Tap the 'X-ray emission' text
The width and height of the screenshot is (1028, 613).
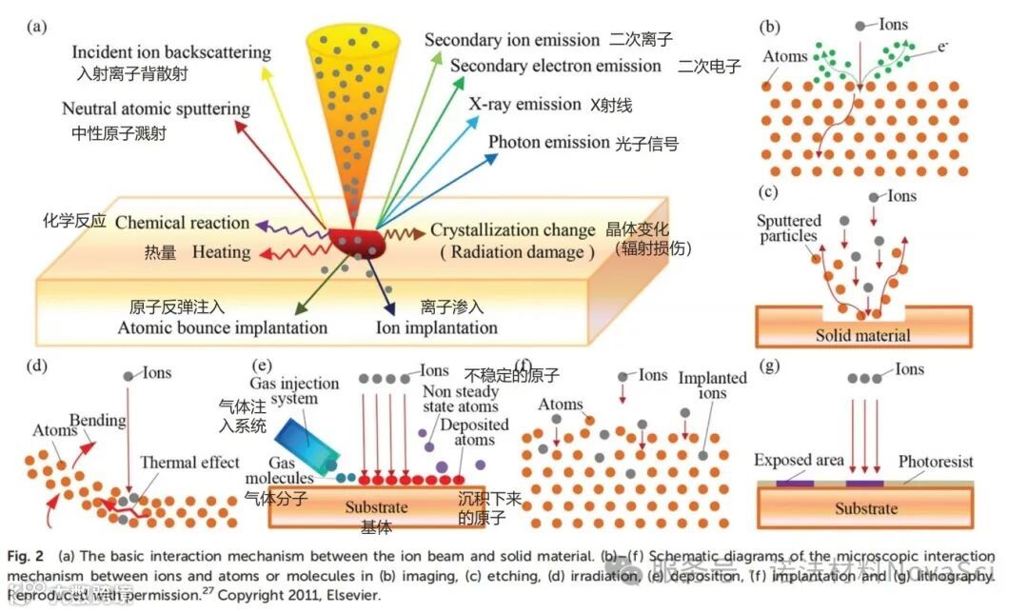[524, 104]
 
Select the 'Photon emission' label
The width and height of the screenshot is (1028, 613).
[547, 142]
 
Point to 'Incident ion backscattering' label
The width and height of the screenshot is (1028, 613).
[171, 51]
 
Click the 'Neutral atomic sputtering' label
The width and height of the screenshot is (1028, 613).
[156, 109]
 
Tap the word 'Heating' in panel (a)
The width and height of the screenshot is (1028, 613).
[221, 252]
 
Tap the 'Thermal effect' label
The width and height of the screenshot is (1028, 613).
[189, 463]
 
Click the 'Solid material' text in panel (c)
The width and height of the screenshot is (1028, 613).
[862, 335]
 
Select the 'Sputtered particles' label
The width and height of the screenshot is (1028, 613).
[787, 229]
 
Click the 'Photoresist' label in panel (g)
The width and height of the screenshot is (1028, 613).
[936, 462]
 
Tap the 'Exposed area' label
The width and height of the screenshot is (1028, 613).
[799, 461]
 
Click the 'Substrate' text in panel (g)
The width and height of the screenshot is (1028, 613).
[865, 508]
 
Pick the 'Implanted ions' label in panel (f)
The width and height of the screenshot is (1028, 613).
[713, 386]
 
